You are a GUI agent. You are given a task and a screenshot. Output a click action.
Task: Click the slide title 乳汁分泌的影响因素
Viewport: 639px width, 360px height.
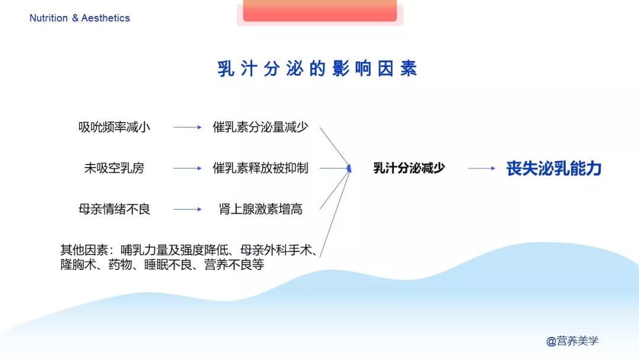(317, 69)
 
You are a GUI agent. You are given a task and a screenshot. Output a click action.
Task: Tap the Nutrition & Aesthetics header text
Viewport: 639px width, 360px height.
(79, 18)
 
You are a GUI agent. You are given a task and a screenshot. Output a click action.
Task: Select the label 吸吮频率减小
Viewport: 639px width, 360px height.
(114, 127)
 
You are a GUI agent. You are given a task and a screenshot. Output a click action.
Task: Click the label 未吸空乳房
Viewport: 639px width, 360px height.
(114, 168)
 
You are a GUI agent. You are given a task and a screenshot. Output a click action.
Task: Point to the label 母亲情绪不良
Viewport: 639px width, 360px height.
(114, 209)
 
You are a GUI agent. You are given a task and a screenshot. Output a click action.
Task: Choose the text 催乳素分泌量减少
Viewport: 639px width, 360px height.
(260, 127)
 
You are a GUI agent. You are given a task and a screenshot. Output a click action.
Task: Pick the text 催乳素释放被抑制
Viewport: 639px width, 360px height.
(260, 168)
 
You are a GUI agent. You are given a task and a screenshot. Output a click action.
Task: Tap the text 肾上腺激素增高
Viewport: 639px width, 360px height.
(260, 209)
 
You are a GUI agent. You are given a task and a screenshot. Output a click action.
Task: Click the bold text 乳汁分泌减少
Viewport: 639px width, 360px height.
(409, 168)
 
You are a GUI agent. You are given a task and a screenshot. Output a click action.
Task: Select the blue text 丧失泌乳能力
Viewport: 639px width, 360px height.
(554, 168)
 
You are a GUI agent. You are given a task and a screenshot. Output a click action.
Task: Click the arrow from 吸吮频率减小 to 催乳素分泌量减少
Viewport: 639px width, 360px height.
(188, 127)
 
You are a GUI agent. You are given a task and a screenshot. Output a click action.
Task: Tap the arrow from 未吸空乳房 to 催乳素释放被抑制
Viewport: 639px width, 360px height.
(188, 168)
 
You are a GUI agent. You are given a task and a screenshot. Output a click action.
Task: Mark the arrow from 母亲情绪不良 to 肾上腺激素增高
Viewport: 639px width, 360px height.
(188, 209)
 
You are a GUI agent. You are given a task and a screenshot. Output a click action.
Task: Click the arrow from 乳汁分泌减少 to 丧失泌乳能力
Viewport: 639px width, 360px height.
(482, 168)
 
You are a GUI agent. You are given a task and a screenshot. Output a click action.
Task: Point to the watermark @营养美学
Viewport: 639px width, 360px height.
(572, 341)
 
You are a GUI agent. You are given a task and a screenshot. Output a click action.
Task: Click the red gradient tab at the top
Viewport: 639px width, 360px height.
(319, 11)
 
